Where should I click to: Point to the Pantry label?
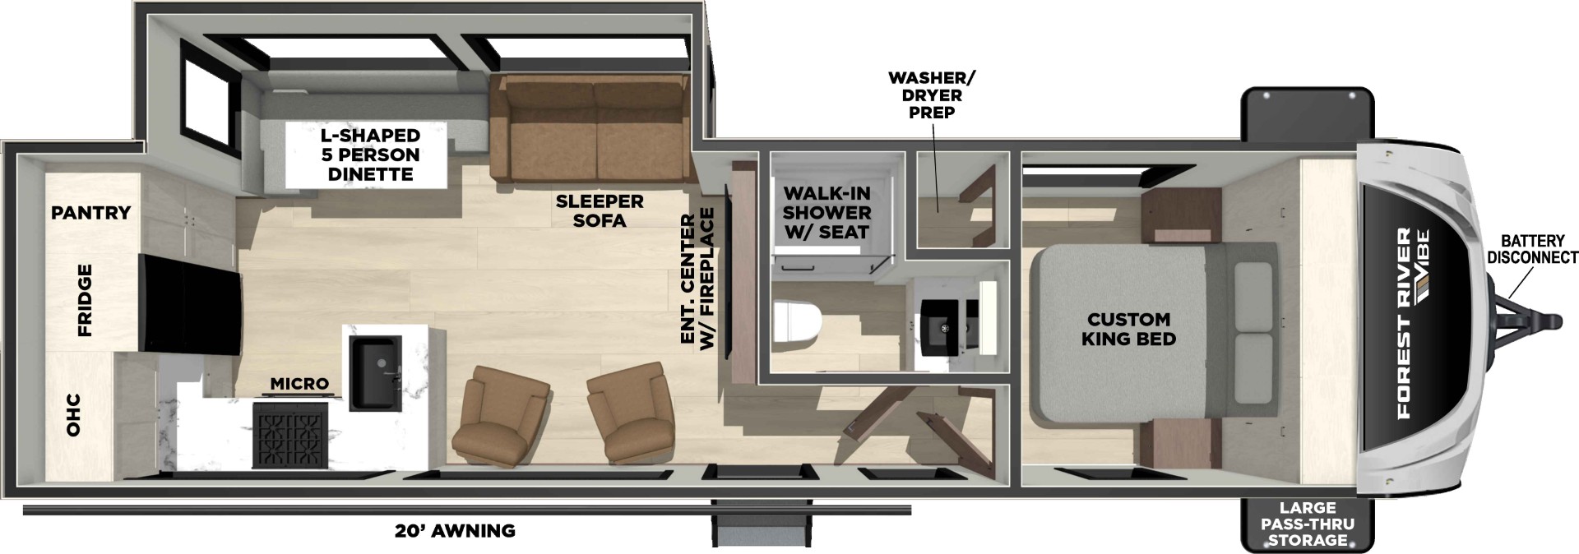click(x=90, y=213)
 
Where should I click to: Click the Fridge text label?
click(x=85, y=300)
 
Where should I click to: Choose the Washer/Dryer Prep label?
click(x=932, y=95)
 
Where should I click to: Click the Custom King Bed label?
click(x=1128, y=329)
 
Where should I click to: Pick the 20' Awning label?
click(x=455, y=531)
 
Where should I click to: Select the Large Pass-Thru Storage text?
click(x=1307, y=524)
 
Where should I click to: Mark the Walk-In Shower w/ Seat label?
click(x=827, y=213)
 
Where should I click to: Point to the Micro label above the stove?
click(x=299, y=384)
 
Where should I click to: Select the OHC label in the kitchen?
click(x=73, y=415)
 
